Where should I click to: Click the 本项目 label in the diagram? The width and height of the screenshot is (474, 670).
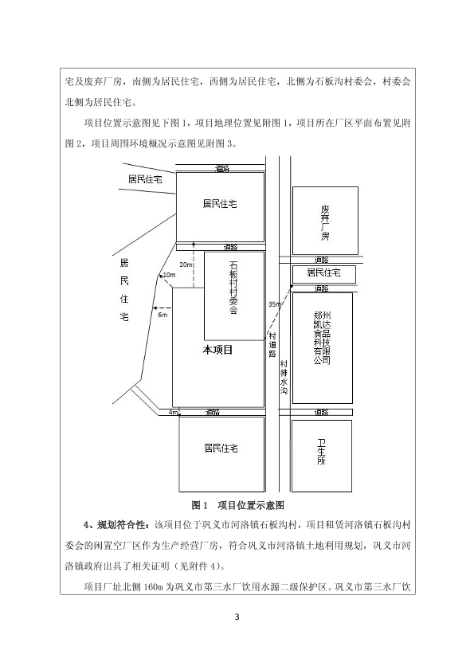click(x=217, y=350)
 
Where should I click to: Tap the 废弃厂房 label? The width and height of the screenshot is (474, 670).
click(x=325, y=222)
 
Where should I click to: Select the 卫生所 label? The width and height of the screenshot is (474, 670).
click(x=321, y=452)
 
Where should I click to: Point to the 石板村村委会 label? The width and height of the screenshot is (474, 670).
click(x=233, y=288)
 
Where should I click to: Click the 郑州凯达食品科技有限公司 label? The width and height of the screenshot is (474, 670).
click(x=323, y=338)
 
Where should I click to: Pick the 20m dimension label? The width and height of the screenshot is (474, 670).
click(x=186, y=264)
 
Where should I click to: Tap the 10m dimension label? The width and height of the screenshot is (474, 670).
click(x=169, y=275)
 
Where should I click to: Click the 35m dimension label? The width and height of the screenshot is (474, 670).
click(x=275, y=304)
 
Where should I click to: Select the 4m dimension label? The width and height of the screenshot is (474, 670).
click(x=173, y=413)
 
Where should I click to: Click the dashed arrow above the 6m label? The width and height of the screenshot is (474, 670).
click(x=162, y=308)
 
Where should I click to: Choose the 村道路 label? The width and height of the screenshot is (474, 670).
click(x=272, y=345)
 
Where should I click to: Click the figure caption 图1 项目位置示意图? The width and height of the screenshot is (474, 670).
click(x=237, y=506)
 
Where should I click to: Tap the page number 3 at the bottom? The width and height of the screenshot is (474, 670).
click(x=237, y=617)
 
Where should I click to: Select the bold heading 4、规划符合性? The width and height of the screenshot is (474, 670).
click(x=116, y=524)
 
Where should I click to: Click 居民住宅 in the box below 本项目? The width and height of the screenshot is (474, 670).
click(x=221, y=449)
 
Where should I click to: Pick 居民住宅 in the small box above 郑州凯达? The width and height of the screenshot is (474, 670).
click(x=323, y=272)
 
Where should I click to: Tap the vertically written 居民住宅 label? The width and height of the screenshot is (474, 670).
click(x=124, y=289)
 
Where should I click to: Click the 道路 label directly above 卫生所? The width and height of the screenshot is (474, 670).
click(x=321, y=413)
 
